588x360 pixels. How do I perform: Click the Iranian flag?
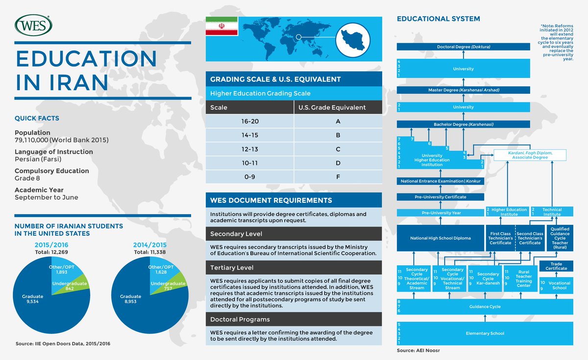(221, 26)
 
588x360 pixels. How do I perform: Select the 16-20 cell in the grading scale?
(249, 121)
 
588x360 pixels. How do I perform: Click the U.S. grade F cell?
(338, 176)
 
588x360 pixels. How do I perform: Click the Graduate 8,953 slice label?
(130, 299)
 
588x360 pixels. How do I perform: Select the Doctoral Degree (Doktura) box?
(463, 47)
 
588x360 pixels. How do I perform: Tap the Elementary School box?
(484, 333)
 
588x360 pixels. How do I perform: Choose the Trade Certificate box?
(556, 266)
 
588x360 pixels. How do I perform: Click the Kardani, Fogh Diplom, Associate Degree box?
(530, 155)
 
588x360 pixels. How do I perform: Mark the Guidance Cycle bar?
(484, 307)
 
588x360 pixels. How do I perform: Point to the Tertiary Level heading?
(232, 267)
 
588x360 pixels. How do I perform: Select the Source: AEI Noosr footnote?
(416, 351)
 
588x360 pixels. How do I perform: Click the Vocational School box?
(559, 285)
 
